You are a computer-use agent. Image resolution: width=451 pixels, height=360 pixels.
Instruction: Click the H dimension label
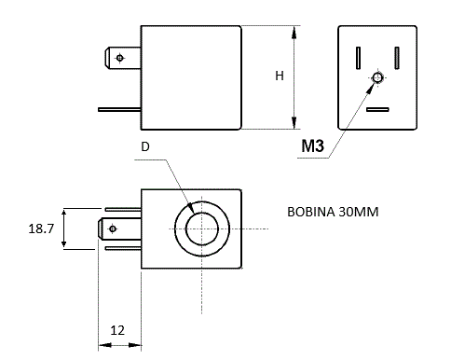coord(280,76)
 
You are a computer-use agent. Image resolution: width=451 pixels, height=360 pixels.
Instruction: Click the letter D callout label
coord(145,146)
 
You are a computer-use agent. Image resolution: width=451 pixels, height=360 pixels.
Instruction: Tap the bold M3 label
coord(313,145)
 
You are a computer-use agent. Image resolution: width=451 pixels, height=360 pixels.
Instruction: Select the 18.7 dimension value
coord(41,228)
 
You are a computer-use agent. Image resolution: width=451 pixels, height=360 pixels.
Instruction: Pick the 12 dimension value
coord(117,330)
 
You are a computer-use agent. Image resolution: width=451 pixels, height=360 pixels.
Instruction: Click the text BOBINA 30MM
coord(333,212)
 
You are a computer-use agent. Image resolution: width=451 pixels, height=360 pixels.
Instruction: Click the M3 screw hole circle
coord(377,77)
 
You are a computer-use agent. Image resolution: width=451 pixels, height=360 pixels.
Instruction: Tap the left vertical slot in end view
coord(358,58)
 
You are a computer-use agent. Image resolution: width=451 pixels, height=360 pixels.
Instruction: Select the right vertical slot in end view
coord(397,58)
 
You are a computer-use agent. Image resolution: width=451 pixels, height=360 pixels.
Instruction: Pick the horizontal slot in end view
coord(377,109)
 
